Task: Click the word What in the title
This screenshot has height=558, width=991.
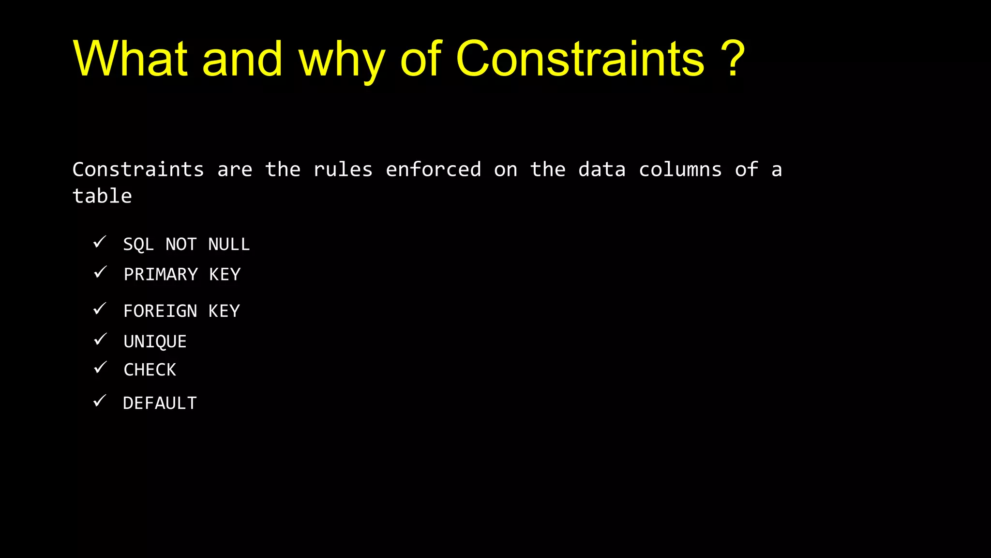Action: click(130, 59)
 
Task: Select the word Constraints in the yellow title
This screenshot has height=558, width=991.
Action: click(580, 59)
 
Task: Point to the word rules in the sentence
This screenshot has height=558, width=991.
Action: click(343, 170)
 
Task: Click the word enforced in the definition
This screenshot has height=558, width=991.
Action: click(433, 170)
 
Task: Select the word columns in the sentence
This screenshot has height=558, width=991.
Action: click(680, 170)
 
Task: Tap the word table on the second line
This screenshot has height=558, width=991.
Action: click(102, 196)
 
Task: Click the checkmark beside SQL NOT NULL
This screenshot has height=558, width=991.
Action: click(100, 242)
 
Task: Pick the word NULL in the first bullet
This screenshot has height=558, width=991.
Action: click(229, 244)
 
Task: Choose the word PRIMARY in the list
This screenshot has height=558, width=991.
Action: click(161, 275)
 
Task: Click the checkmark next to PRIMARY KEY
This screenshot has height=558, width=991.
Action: click(100, 272)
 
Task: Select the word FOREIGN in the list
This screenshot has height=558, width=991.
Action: click(160, 311)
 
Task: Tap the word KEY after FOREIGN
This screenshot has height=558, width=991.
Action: click(224, 311)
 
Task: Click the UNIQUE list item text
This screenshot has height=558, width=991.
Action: click(155, 341)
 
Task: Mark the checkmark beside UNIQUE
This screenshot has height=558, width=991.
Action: click(100, 339)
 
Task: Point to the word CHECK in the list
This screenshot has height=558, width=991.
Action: click(150, 370)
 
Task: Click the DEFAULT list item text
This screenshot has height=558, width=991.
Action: click(160, 403)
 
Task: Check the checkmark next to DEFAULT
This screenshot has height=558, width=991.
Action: click(100, 401)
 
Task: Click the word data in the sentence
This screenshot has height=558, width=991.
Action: click(602, 170)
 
